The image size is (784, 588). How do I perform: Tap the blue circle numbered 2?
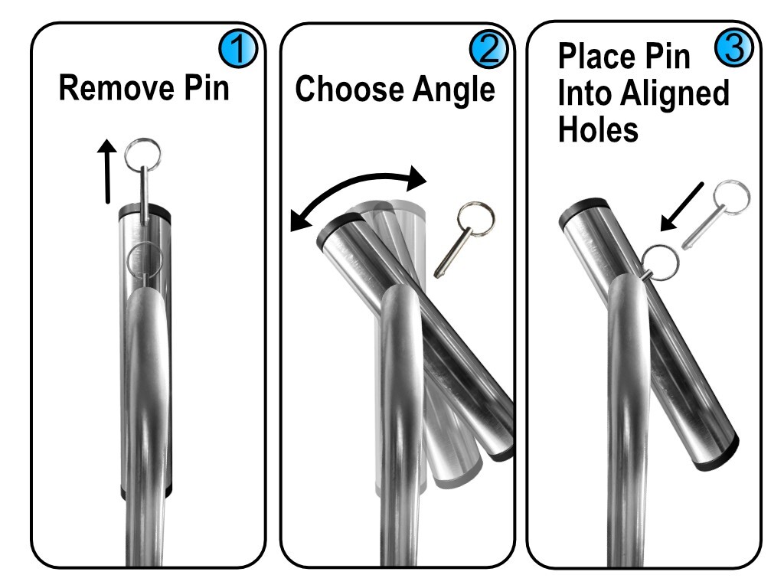pos(488,51)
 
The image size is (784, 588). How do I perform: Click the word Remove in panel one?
pos(112,89)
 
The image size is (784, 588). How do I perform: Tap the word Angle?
pos(454,90)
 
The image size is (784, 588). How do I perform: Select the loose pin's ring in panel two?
pos(475,220)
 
